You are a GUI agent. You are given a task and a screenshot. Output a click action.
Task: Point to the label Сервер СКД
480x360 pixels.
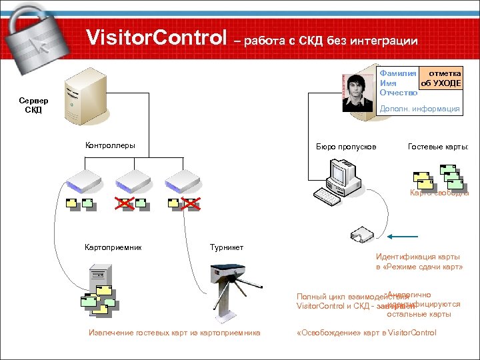point(33,105)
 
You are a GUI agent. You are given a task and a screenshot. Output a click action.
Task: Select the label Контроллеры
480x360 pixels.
point(110,145)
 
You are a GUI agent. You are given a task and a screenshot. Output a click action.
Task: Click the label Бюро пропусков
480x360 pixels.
point(346,147)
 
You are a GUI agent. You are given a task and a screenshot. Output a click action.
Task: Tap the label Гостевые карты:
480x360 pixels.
point(438,147)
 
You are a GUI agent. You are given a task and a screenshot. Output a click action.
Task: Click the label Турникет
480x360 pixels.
point(227,247)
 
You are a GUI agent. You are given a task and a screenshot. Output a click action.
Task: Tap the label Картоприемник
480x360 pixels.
point(113,247)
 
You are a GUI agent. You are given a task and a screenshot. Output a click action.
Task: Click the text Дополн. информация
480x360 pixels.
point(419,109)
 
